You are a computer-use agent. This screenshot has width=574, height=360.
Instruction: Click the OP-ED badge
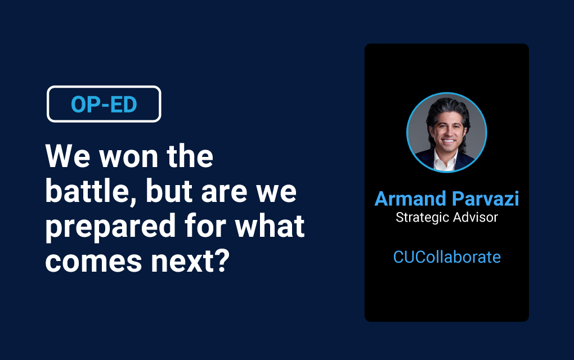pos(104,104)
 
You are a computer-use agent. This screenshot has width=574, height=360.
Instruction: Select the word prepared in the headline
pos(110,227)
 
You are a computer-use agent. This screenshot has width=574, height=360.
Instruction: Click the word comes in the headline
pos(94,261)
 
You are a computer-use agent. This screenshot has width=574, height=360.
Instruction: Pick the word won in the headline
pos(128,156)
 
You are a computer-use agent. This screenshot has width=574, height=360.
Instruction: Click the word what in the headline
pos(270,226)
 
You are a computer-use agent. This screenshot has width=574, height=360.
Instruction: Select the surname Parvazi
pos(486,199)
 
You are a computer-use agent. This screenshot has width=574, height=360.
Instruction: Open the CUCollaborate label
pos(447,257)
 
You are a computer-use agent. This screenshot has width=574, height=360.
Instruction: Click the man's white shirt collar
pos(446,161)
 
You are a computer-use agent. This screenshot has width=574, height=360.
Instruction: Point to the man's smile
pos(448,141)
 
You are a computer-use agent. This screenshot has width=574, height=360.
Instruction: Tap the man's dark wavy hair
pos(447,110)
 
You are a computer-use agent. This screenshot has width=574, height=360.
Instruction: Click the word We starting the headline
pos(68,156)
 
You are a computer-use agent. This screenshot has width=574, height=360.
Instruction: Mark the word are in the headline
pos(225,192)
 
